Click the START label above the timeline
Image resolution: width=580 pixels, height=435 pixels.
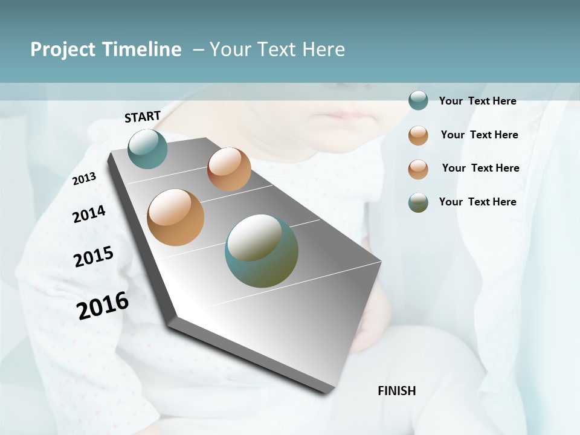click(143, 117)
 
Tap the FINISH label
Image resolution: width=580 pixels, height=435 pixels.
click(397, 391)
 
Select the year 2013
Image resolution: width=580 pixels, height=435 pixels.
click(85, 179)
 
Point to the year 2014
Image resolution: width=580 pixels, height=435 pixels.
click(89, 214)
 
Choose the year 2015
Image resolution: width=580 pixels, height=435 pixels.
click(94, 256)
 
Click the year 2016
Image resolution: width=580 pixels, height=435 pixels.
click(103, 306)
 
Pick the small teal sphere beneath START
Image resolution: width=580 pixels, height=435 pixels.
click(147, 149)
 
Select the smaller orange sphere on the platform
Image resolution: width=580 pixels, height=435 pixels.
click(229, 169)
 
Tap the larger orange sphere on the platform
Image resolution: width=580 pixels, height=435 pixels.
click(175, 217)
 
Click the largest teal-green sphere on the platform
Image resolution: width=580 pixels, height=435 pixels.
click(261, 251)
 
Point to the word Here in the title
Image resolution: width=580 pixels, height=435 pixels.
click(323, 50)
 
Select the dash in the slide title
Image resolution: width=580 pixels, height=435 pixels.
click(198, 50)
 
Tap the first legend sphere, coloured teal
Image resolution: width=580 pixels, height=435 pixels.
click(418, 100)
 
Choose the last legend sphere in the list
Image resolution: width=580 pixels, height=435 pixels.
click(418, 202)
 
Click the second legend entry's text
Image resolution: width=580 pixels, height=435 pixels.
click(479, 135)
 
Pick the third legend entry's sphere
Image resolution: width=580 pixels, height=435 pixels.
click(418, 169)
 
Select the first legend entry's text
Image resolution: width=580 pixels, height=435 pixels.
click(477, 101)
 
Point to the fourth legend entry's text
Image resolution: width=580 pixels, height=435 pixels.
click(477, 202)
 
